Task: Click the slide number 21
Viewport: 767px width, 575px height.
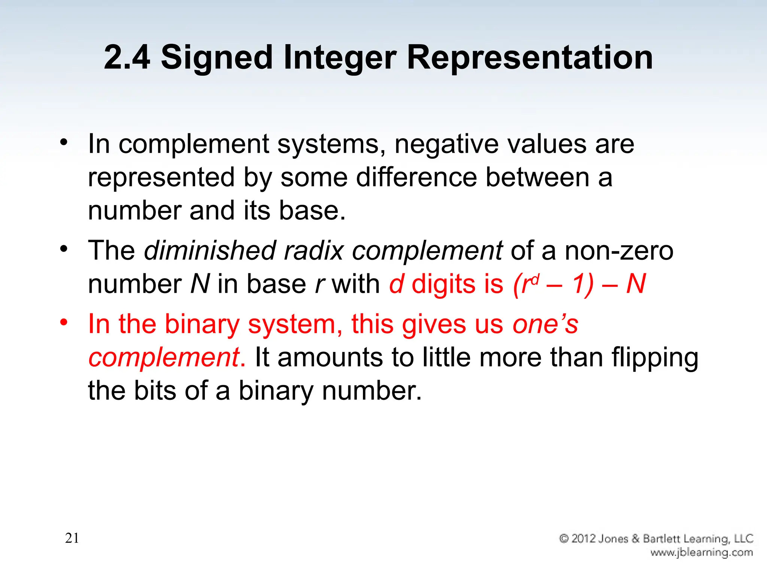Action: pyautogui.click(x=72, y=538)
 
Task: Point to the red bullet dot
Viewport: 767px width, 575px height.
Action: pyautogui.click(x=64, y=322)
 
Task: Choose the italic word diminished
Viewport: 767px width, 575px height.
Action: pyautogui.click(x=210, y=250)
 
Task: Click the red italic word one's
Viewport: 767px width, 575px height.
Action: pyautogui.click(x=545, y=324)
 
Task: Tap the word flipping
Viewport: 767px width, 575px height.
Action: pyautogui.click(x=655, y=358)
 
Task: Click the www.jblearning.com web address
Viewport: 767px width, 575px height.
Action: pyautogui.click(x=701, y=553)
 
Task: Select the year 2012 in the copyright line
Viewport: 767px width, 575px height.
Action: pyautogui.click(x=584, y=539)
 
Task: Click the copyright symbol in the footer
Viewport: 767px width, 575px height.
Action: pyautogui.click(x=564, y=539)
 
